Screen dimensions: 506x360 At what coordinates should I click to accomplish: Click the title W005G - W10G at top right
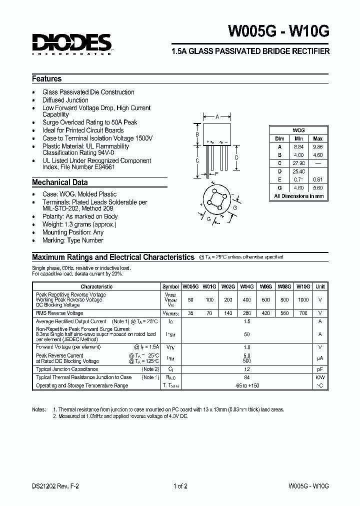[279, 31]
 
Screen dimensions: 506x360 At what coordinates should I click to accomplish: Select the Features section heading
[47, 79]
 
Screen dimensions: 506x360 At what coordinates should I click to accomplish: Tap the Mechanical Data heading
[60, 182]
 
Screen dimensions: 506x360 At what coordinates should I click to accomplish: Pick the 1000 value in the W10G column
[303, 299]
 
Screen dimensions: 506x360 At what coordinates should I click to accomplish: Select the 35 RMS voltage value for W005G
[190, 313]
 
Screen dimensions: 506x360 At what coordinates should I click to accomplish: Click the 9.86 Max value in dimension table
[318, 147]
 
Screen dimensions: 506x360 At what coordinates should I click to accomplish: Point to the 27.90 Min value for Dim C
[298, 163]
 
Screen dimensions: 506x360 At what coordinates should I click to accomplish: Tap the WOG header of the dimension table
[298, 130]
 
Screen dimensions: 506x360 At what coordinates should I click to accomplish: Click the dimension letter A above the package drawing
[217, 116]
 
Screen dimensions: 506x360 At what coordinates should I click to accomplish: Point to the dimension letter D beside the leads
[236, 157]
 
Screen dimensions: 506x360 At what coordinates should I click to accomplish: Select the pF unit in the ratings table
[320, 369]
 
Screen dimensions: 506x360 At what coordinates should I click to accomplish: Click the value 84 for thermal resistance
[246, 377]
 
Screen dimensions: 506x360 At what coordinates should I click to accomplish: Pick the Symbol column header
[170, 286]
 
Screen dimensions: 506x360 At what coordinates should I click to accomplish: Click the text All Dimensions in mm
[298, 196]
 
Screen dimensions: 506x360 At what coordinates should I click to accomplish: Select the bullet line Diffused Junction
[65, 100]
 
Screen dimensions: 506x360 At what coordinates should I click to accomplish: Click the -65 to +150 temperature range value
[246, 385]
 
